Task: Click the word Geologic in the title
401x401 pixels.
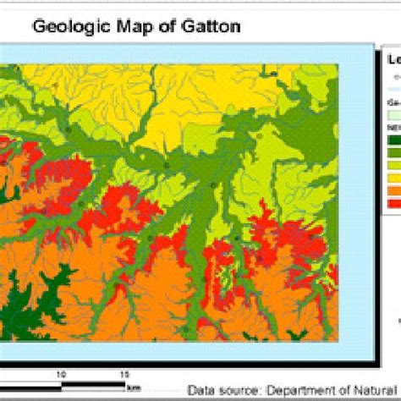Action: [x=67, y=27]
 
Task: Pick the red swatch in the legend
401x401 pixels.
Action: [x=393, y=201]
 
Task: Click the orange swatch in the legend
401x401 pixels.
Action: [x=393, y=190]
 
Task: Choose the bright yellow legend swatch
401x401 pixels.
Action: [x=393, y=178]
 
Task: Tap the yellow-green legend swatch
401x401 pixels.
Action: [x=393, y=166]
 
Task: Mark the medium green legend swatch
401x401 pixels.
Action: [x=393, y=153]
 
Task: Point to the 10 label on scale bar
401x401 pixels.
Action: [x=61, y=372]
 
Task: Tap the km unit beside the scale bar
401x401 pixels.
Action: [x=134, y=387]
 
